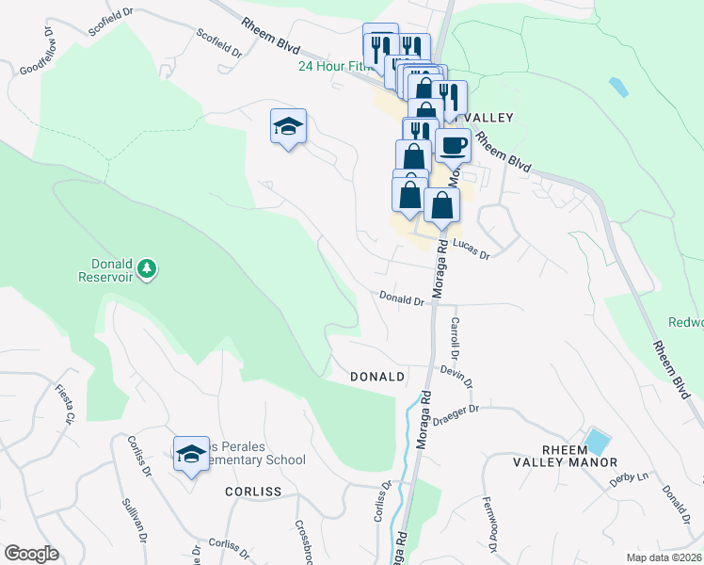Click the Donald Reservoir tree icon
[146, 270]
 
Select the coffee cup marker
[453, 147]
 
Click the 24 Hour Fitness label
[334, 66]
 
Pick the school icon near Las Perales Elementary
[191, 455]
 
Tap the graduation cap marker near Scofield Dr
[289, 128]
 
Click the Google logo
[31, 554]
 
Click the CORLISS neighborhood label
[253, 492]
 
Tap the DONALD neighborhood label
[376, 377]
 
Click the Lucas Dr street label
[472, 249]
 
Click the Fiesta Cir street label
[64, 404]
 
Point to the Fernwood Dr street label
[488, 524]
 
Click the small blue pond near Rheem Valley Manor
[596, 441]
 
